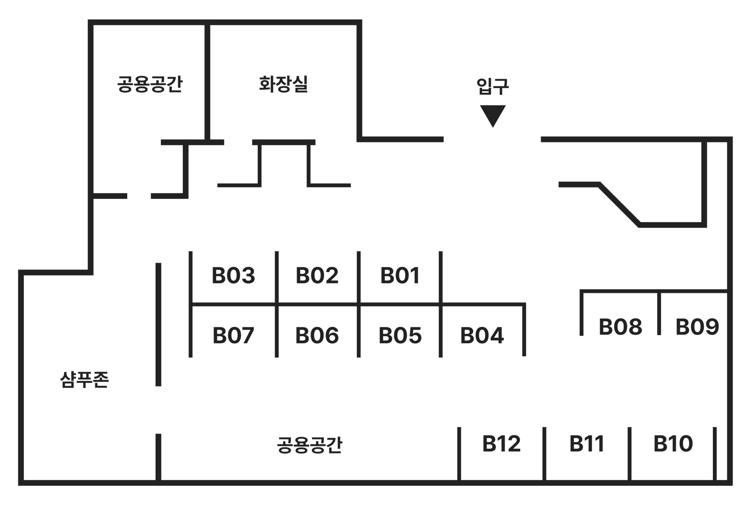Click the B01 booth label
click(x=400, y=276)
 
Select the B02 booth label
click(x=317, y=276)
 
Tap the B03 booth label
click(x=233, y=276)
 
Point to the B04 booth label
click(x=482, y=335)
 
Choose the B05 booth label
click(x=400, y=335)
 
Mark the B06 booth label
click(x=317, y=335)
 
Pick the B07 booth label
click(x=233, y=335)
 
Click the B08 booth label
click(x=620, y=327)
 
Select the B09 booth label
click(x=697, y=327)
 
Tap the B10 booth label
click(x=673, y=444)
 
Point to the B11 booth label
click(x=587, y=444)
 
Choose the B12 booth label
click(x=501, y=444)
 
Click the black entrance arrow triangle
click(x=493, y=115)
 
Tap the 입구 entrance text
click(x=493, y=86)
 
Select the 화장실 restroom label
click(x=284, y=84)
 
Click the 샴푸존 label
click(x=84, y=379)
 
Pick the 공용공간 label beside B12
click(x=309, y=445)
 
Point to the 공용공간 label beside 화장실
click(x=150, y=84)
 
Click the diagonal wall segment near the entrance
click(x=620, y=204)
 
